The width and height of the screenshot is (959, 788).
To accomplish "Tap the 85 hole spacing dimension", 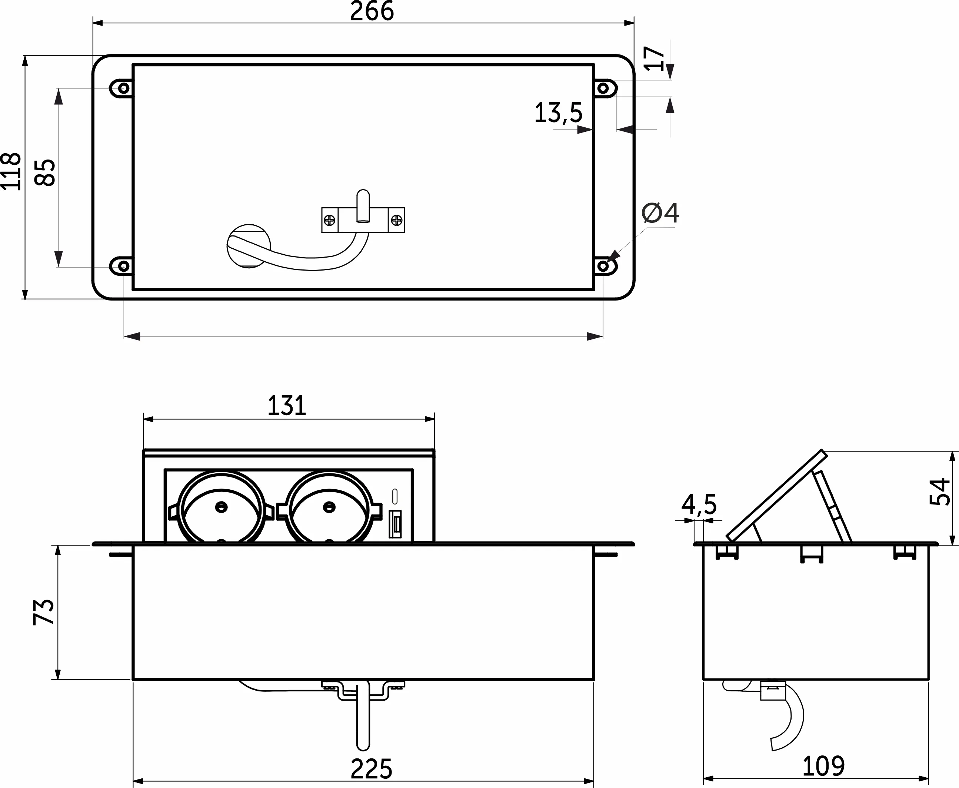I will pos(46,172).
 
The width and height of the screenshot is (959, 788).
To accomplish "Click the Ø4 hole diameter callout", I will pos(660,213).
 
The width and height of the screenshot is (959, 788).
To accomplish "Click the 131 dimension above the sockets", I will pos(287,405).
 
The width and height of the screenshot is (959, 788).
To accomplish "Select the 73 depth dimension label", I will pos(44,612).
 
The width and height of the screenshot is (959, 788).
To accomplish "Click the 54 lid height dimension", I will pos(939,492).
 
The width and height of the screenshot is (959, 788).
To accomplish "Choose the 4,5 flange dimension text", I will pos(699,504).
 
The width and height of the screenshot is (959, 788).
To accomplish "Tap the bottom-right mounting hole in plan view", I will pos(603,266).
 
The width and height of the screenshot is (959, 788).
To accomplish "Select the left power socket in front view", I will pos(221,507).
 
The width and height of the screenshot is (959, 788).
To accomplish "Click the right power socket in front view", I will pos(329,507).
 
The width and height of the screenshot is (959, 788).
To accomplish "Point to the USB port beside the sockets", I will pos(395,524).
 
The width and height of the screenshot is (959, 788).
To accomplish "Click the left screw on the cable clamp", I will pos(329,221).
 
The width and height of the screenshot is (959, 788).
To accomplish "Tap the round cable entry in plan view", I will pos(249,245).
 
